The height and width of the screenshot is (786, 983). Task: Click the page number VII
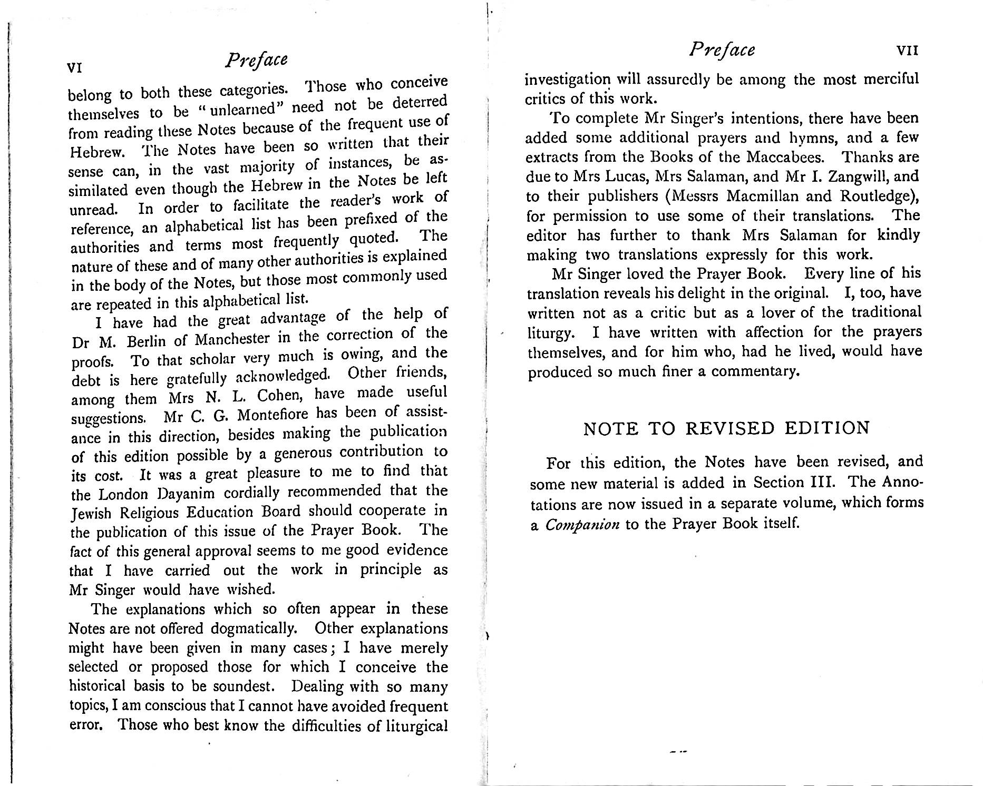point(908,51)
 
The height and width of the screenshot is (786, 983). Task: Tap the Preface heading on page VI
point(256,60)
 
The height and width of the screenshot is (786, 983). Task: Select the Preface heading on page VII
point(722,50)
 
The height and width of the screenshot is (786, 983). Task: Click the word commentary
point(754,371)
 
